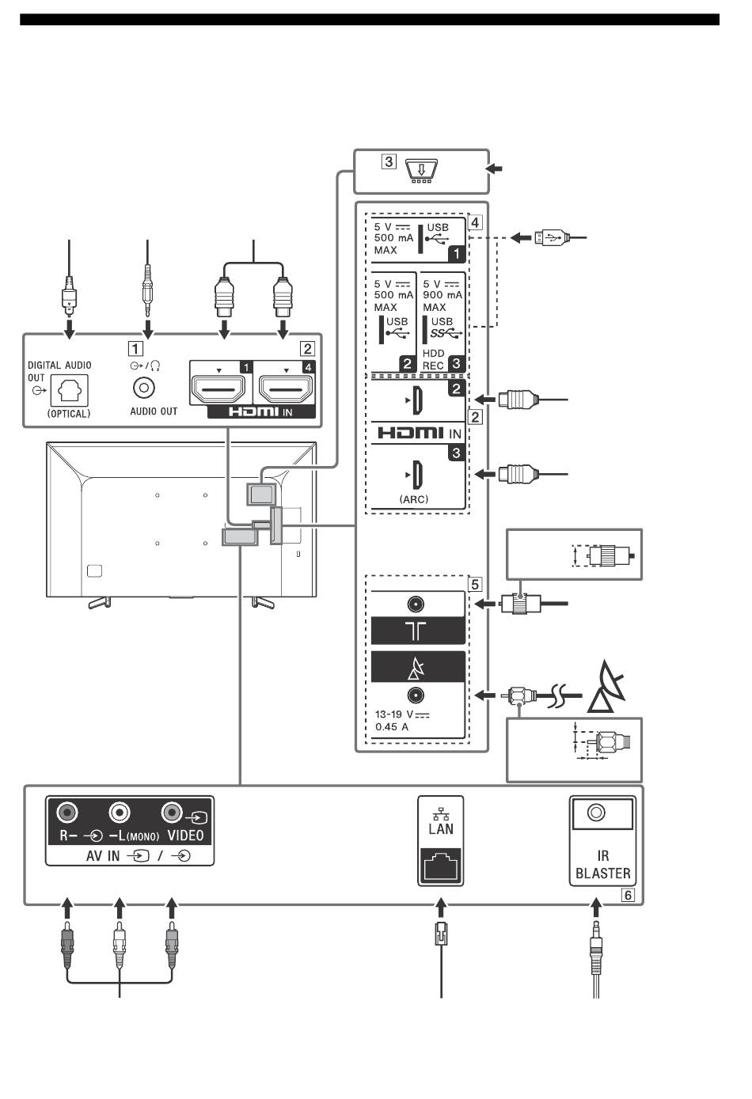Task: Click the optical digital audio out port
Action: tap(69, 391)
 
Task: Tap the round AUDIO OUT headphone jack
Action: tap(144, 388)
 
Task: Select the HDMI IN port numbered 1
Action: tap(219, 389)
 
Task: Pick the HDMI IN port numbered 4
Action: tap(287, 389)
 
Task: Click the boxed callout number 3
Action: tap(389, 161)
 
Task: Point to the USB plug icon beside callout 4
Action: tap(552, 238)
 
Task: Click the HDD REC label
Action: tap(434, 359)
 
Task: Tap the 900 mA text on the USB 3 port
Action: tap(442, 295)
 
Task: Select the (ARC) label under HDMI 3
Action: tap(414, 499)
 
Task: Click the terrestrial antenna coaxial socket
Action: tap(416, 604)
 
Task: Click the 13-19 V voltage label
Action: tap(402, 714)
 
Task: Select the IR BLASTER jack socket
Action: tap(596, 813)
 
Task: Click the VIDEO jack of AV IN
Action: tap(171, 813)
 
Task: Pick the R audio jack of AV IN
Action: tap(67, 813)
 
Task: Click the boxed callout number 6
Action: tap(628, 896)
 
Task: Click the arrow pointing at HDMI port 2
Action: tap(485, 399)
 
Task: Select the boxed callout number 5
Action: tap(475, 585)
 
